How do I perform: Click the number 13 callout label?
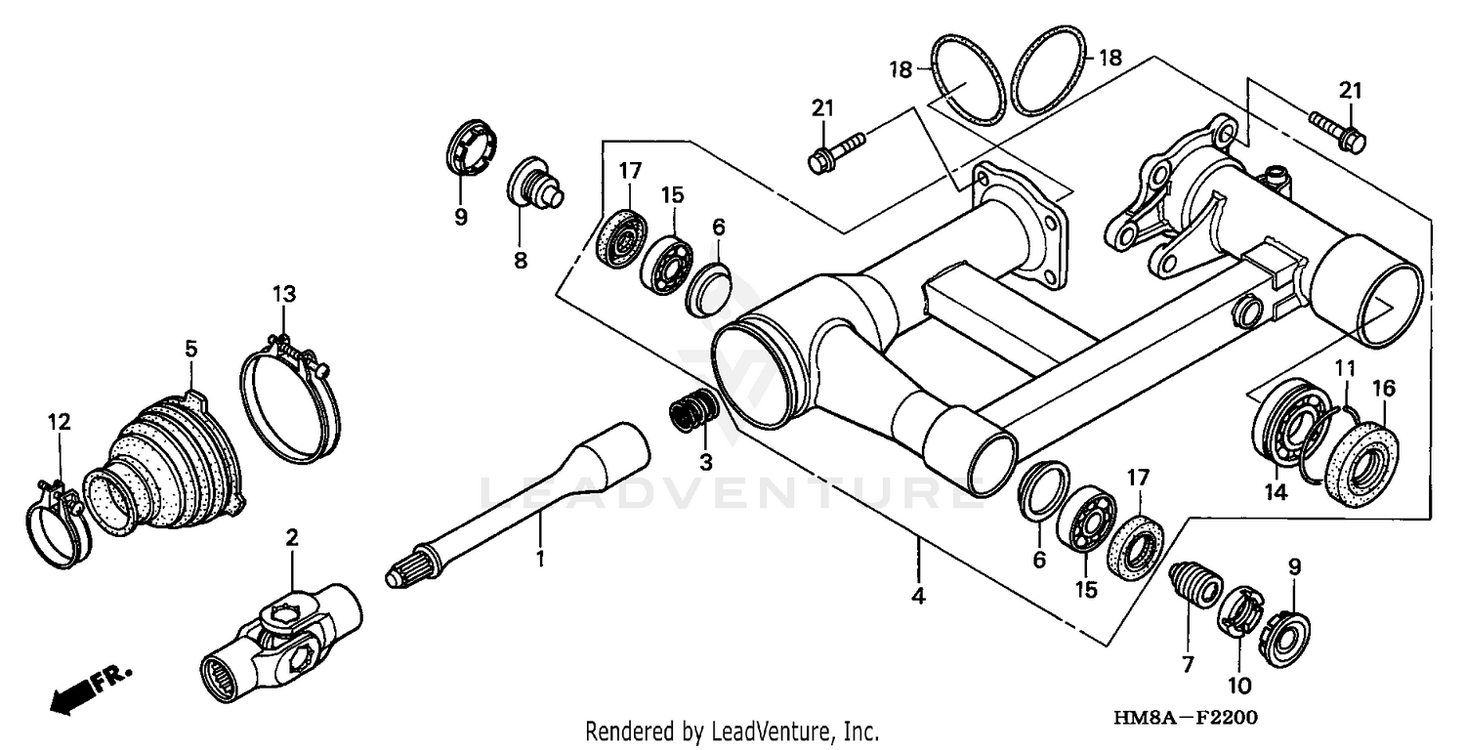[283, 293]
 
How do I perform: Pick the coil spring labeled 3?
[694, 409]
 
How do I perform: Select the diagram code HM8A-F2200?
[1184, 718]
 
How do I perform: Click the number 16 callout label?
[1384, 389]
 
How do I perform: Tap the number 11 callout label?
[1346, 368]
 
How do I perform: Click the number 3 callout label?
[706, 460]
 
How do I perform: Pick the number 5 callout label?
[190, 348]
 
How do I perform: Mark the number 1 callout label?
[539, 560]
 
